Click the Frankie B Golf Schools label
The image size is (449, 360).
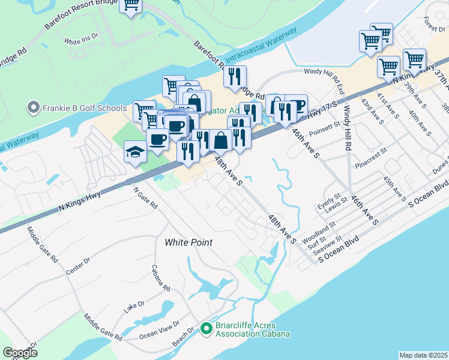pos(76,108)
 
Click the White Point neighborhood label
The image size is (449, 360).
pos(189,242)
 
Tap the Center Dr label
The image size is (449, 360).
pos(78,266)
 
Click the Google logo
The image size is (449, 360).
pos(20,353)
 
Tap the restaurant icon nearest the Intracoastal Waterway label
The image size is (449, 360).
pos(235,76)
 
